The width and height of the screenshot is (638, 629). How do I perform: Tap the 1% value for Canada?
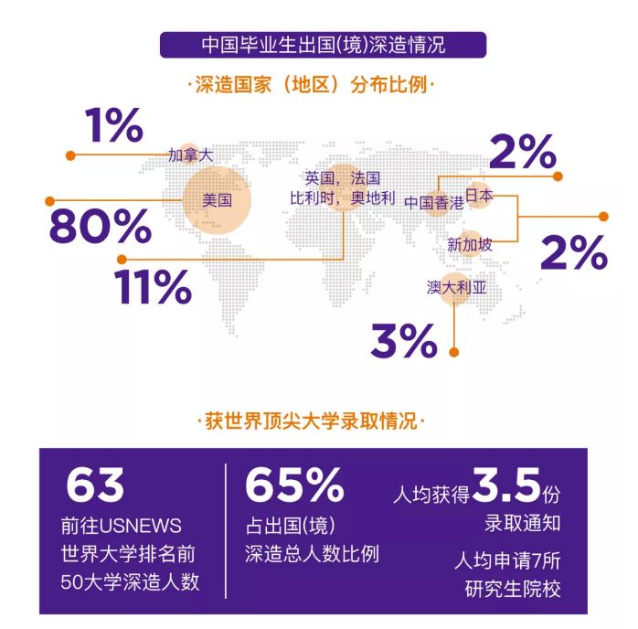pyautogui.click(x=114, y=124)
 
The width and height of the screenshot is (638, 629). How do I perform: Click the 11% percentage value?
pyautogui.click(x=153, y=287)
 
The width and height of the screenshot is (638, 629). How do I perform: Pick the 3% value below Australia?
pyautogui.click(x=403, y=342)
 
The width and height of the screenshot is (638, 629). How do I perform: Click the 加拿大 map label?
pyautogui.click(x=190, y=155)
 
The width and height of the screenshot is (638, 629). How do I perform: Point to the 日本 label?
pyautogui.click(x=479, y=195)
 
